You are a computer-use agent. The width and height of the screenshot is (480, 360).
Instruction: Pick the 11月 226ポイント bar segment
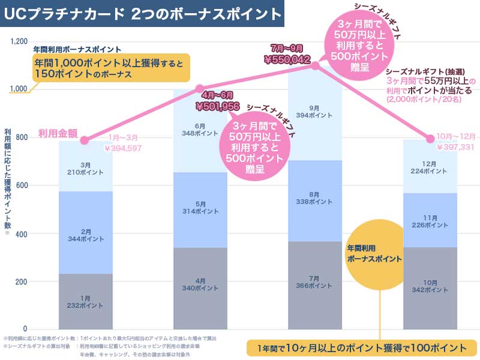pos(430,218)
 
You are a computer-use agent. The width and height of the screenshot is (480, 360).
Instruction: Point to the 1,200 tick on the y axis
pos(19,41)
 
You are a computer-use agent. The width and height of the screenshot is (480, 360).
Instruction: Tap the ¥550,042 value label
pos(287,60)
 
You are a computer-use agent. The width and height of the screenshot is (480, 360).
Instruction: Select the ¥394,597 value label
pos(123,148)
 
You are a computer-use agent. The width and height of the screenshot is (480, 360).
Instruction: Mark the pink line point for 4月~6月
pos(200,89)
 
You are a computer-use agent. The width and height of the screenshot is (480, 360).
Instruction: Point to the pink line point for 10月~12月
pos(430,139)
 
